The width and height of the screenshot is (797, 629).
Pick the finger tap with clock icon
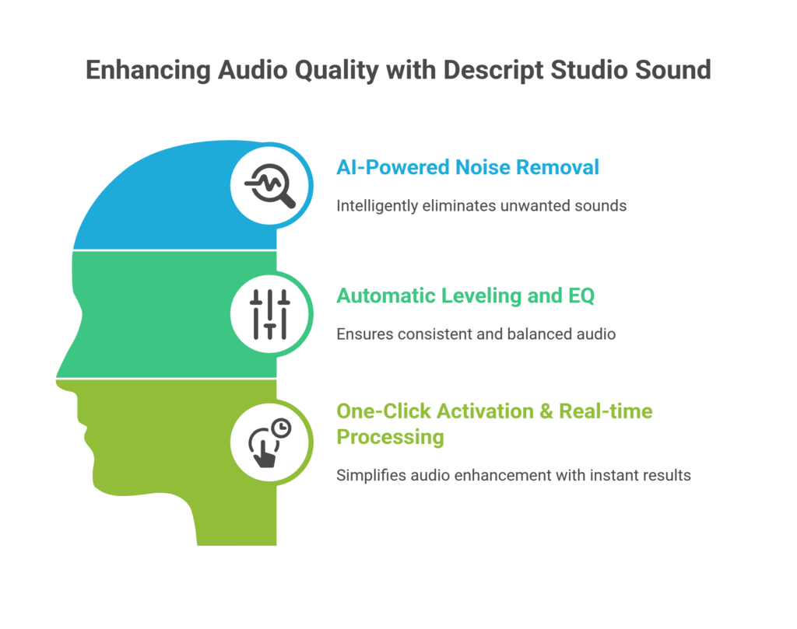tap(269, 443)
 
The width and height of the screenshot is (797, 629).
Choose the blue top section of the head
tap(179, 202)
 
